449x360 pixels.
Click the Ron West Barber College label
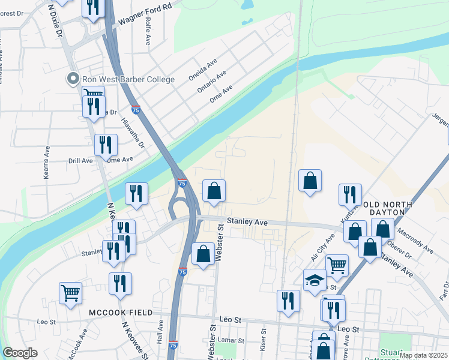click(128, 79)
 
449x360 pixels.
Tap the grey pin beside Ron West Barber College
click(73, 79)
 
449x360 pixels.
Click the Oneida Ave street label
click(202, 71)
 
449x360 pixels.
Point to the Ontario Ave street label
click(211, 82)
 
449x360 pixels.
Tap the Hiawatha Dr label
click(133, 131)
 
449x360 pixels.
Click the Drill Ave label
click(80, 161)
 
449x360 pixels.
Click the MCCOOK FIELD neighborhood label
click(121, 313)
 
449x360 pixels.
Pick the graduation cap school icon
click(315, 280)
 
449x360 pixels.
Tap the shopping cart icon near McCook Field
click(70, 293)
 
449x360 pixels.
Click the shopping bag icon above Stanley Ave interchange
click(214, 191)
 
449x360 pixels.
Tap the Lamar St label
click(228, 339)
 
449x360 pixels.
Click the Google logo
click(20, 353)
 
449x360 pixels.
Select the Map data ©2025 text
click(423, 355)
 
